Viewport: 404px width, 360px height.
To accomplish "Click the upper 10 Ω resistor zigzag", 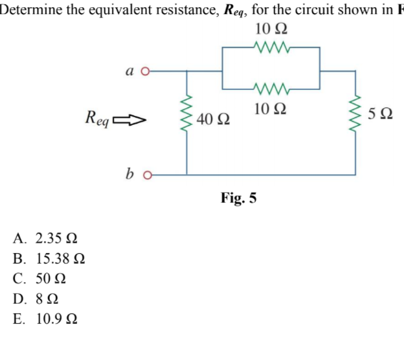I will click(271, 47).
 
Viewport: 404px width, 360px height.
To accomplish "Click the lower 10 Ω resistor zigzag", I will click(271, 88).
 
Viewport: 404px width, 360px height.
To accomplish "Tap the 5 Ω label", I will click(380, 116).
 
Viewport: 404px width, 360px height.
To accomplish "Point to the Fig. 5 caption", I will click(239, 197).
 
